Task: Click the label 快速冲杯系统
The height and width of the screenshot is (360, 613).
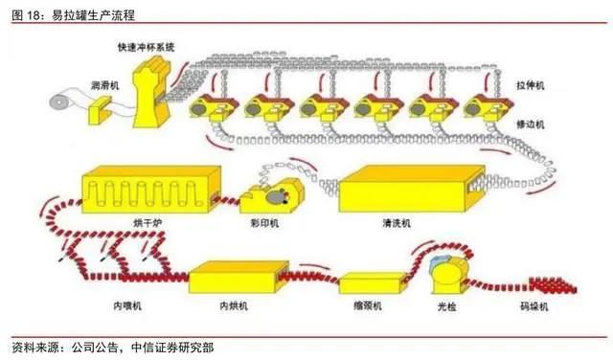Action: click(x=147, y=47)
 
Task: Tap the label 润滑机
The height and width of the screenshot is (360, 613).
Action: click(x=104, y=85)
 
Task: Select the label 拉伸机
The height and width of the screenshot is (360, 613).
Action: click(x=530, y=85)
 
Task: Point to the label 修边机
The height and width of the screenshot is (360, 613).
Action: click(x=530, y=124)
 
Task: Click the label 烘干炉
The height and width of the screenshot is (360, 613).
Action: click(x=148, y=223)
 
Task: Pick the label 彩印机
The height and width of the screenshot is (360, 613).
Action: click(x=264, y=223)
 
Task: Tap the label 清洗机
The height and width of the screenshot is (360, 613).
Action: click(x=397, y=223)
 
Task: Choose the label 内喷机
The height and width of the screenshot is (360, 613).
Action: click(x=127, y=305)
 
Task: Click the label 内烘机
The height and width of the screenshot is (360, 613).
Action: click(x=234, y=305)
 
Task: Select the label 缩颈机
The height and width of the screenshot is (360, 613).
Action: click(x=368, y=305)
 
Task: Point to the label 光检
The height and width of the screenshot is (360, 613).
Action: click(x=447, y=306)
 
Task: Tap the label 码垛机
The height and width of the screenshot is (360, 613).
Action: click(x=534, y=306)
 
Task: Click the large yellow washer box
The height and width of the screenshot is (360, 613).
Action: click(x=412, y=189)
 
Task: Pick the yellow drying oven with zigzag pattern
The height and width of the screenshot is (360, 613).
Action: click(x=151, y=190)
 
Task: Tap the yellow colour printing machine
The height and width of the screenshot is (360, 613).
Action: click(x=271, y=196)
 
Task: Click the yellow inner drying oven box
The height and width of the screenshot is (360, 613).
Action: click(x=238, y=277)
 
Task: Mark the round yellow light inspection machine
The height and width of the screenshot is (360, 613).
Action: click(x=449, y=275)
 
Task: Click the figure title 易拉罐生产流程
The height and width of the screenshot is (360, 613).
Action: click(x=94, y=15)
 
